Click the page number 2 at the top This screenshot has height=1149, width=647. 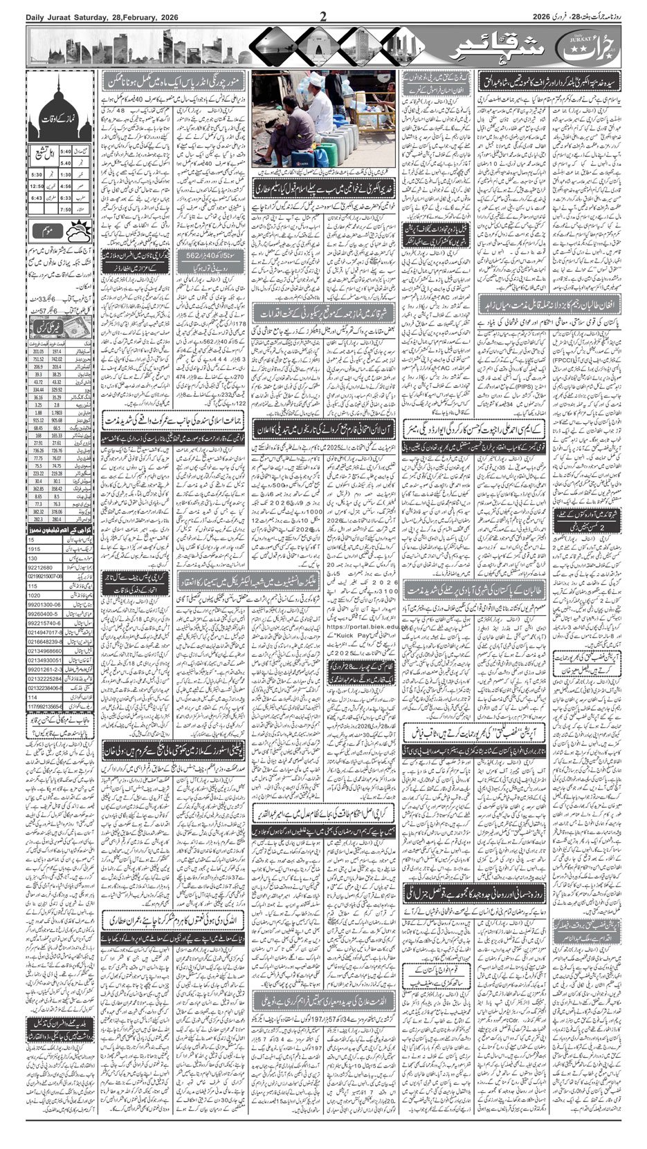tap(323, 16)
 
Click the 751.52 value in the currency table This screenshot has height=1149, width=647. tap(39, 359)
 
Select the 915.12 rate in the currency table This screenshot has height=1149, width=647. tap(39, 419)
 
